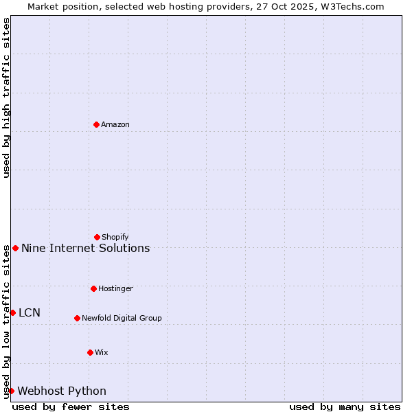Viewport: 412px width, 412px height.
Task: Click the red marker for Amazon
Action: (96, 124)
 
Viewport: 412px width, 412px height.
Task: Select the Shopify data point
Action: (97, 237)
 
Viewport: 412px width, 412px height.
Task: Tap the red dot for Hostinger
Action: (93, 288)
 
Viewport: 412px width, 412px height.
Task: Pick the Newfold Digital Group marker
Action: (77, 318)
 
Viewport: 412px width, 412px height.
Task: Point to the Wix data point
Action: (90, 352)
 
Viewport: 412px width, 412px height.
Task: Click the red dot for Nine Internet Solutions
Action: (15, 248)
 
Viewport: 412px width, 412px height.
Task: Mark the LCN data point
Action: (12, 312)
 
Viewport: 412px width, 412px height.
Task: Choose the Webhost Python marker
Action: (11, 391)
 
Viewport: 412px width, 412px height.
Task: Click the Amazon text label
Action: (115, 124)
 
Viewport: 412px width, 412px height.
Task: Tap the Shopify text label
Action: (115, 237)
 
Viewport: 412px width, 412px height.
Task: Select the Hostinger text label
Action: (115, 288)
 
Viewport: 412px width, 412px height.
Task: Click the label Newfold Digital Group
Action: (122, 318)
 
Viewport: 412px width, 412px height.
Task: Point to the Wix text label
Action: (102, 352)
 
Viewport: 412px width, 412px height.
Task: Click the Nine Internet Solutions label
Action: (85, 248)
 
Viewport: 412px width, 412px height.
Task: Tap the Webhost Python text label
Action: (62, 391)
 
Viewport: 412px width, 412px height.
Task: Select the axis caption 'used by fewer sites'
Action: (71, 407)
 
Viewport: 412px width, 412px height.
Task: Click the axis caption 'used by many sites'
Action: (345, 407)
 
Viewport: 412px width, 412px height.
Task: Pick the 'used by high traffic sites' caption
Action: (6, 98)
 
